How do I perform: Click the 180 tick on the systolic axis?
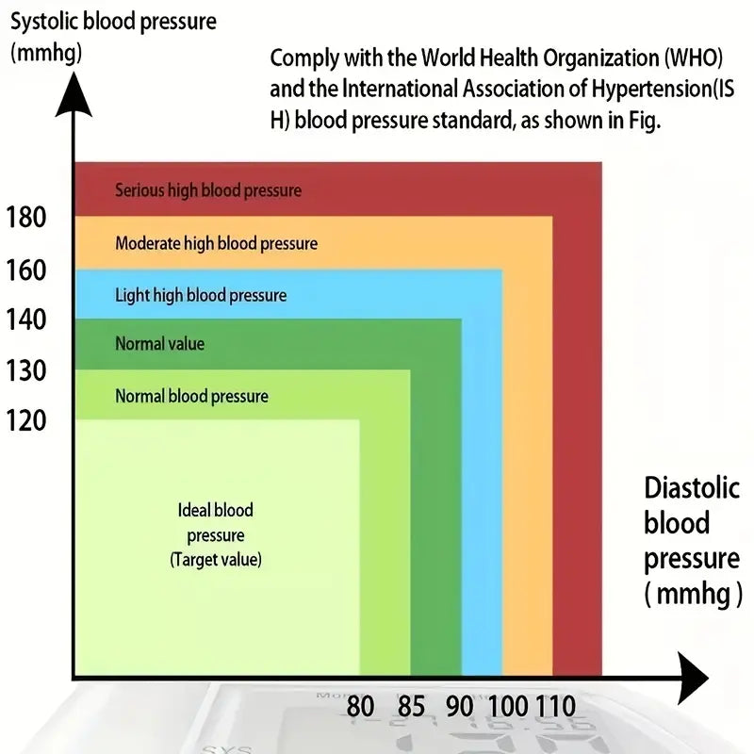(x=25, y=218)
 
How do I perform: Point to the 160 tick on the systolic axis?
(x=25, y=270)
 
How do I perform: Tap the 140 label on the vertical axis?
(x=25, y=320)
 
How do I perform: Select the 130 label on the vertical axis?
(x=25, y=371)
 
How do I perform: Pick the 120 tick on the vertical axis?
(x=25, y=420)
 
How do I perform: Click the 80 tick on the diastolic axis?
(x=360, y=706)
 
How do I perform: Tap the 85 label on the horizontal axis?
(x=411, y=706)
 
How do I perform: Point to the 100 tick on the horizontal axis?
(x=509, y=706)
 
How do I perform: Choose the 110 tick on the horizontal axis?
(x=555, y=706)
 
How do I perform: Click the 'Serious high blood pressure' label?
(x=208, y=190)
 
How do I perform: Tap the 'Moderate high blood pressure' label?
(x=216, y=243)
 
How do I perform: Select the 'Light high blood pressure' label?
(x=201, y=295)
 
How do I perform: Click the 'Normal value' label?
(x=159, y=344)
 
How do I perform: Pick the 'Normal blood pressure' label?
(x=191, y=396)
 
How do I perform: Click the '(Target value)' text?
(x=216, y=560)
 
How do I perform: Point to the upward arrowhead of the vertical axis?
(x=73, y=94)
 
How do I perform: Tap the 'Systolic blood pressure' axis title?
(x=112, y=21)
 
